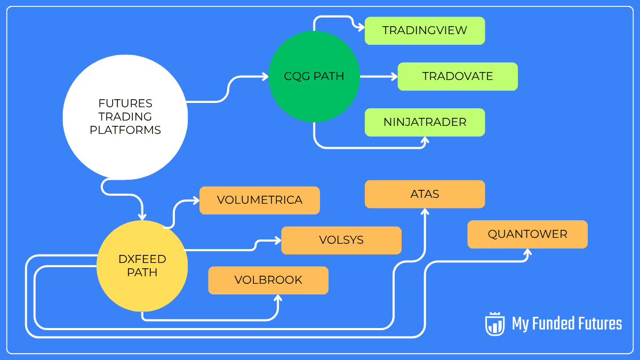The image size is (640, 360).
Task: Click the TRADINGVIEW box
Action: point(425,30)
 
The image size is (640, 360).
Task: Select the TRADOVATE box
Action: point(458,76)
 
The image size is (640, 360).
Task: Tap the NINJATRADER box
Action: point(425,122)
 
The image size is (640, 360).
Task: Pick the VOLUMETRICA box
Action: point(260,200)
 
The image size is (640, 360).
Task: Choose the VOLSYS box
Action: point(341,240)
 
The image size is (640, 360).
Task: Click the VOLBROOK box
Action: point(268,280)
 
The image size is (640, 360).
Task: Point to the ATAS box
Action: point(425,194)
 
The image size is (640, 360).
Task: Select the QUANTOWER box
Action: point(527,234)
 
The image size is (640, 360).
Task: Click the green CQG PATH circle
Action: point(314,76)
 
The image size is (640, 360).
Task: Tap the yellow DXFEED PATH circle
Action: point(142,266)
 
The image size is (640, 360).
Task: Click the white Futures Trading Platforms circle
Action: point(125,117)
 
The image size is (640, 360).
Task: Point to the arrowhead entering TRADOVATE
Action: point(394,76)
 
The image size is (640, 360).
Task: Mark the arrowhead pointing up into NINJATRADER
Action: point(425,141)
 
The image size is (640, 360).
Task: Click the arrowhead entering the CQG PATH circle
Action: point(265,77)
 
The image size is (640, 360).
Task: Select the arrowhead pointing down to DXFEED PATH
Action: point(142,216)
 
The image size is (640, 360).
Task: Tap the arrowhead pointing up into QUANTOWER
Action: point(527,252)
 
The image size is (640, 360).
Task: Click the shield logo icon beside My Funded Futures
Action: point(494,324)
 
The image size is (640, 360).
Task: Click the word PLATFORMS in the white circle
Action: point(125,130)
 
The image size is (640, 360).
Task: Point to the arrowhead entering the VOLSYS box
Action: point(277,241)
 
